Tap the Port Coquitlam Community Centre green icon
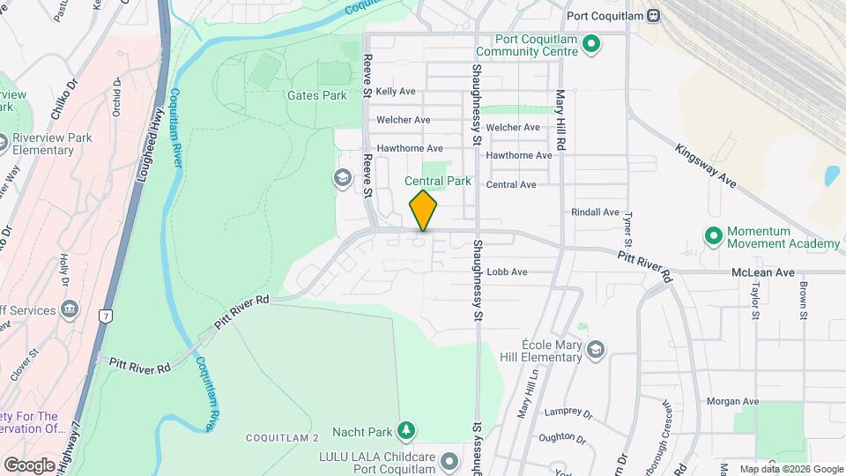click(592, 43)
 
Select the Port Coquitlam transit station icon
click(653, 15)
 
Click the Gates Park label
click(316, 95)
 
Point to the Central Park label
click(438, 182)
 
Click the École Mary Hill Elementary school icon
click(596, 351)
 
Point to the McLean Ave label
click(763, 272)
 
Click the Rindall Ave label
click(596, 212)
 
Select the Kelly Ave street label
click(395, 92)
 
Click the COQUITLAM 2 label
click(282, 438)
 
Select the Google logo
click(30, 465)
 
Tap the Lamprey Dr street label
click(568, 411)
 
